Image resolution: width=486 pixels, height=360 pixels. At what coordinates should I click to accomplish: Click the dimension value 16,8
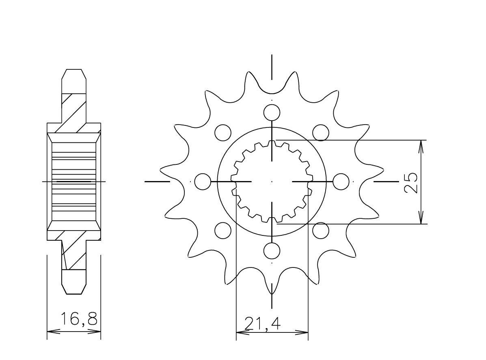[x=79, y=319]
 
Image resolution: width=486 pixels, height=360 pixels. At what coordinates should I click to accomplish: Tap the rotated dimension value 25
[x=411, y=182]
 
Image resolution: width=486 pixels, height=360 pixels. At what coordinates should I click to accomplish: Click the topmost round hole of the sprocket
[x=272, y=112]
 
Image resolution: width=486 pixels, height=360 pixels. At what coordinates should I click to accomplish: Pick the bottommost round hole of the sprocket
[x=272, y=251]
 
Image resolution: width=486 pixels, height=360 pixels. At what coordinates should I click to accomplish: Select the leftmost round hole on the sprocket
[x=203, y=181]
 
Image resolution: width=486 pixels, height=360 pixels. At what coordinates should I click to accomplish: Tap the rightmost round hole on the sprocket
[x=341, y=181]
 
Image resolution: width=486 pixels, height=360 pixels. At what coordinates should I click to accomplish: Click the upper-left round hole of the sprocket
[x=223, y=132]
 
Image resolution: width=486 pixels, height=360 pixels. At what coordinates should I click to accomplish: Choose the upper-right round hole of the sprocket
[x=321, y=132]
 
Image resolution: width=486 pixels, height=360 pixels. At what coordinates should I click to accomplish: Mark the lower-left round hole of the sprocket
[x=223, y=231]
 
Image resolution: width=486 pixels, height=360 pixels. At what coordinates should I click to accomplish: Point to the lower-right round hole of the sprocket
[x=321, y=231]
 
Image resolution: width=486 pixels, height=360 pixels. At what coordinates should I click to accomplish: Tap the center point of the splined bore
[x=272, y=181]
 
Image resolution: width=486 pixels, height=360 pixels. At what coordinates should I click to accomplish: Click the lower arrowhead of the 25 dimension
[x=422, y=218]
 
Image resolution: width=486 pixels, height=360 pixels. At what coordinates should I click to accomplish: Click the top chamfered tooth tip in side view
[x=74, y=76]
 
